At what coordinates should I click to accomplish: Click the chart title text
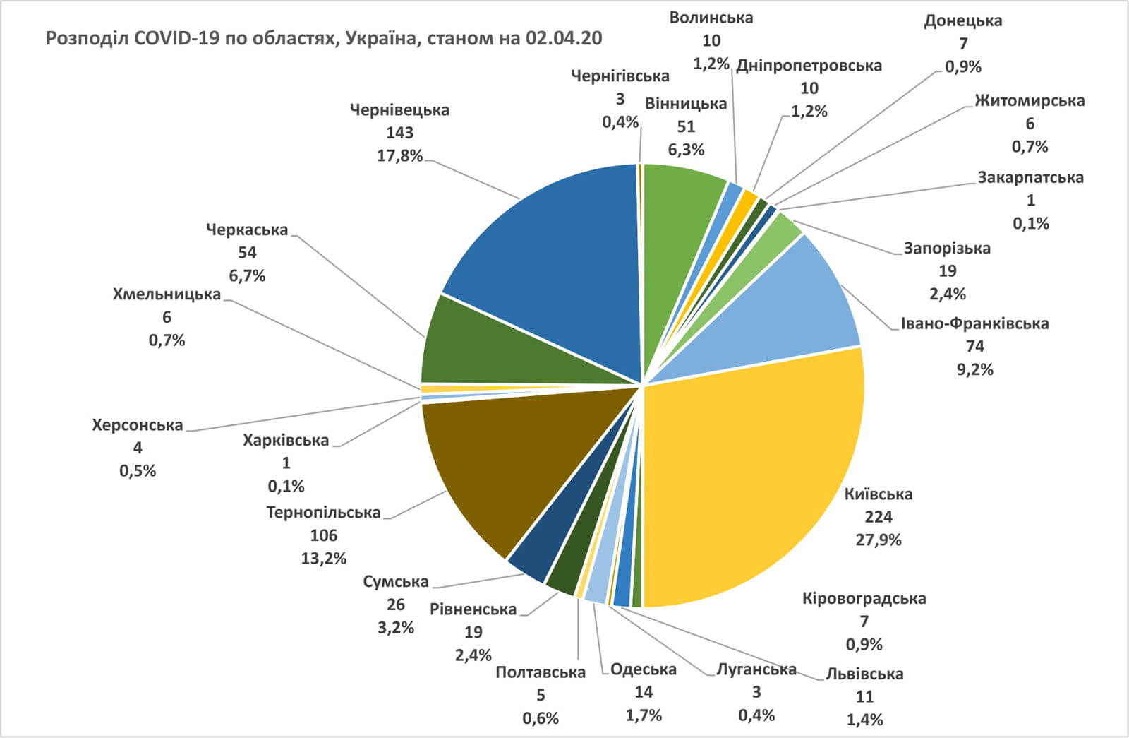tap(324, 38)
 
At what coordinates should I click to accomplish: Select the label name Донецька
tap(962, 20)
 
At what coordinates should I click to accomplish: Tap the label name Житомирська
tap(1030, 101)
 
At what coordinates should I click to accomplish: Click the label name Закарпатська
tap(1030, 177)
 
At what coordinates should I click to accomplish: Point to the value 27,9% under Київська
tap(878, 540)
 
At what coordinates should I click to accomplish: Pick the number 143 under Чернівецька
tap(399, 133)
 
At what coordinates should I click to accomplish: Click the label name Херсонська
tap(138, 425)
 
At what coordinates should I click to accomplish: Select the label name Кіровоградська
tap(864, 599)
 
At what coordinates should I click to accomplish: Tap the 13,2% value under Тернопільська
tap(323, 558)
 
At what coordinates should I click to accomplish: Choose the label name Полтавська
tap(541, 672)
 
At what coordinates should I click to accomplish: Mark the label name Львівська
tap(864, 674)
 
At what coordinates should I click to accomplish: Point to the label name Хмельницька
tap(167, 294)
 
